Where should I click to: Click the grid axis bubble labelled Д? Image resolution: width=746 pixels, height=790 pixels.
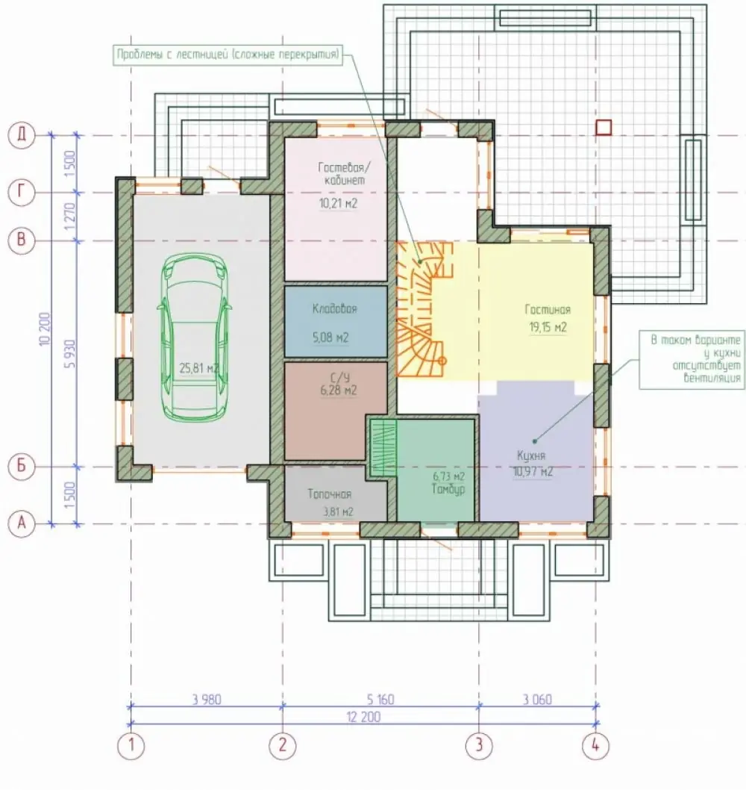[x=21, y=135]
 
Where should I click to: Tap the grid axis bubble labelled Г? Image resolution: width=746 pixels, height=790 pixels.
[x=21, y=192]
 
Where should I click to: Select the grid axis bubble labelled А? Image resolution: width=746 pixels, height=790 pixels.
[x=21, y=523]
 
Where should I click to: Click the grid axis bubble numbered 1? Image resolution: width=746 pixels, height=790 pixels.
[x=131, y=744]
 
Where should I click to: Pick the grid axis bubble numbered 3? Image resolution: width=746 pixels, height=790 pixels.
[x=478, y=744]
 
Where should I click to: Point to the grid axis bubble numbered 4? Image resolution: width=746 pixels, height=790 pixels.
[x=595, y=744]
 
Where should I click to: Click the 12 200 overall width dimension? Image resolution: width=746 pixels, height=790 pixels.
[x=363, y=716]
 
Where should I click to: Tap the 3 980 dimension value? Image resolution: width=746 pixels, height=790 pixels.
[x=207, y=700]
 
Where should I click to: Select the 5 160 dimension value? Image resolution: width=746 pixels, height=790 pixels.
[x=380, y=700]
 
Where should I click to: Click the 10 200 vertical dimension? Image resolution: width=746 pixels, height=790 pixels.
[x=45, y=329]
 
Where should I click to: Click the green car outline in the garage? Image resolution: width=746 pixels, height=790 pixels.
[x=195, y=336]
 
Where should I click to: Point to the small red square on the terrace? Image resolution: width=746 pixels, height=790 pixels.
[x=604, y=128]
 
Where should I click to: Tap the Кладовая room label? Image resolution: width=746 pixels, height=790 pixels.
[x=335, y=308]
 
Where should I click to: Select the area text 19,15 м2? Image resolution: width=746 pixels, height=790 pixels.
[x=548, y=327]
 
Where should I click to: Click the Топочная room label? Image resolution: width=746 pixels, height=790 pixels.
[x=330, y=494]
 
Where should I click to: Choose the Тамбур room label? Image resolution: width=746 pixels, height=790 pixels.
[x=448, y=489]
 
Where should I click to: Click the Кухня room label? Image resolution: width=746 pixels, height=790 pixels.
[x=531, y=455]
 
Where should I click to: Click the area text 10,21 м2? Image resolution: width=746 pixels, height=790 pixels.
[x=338, y=204]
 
